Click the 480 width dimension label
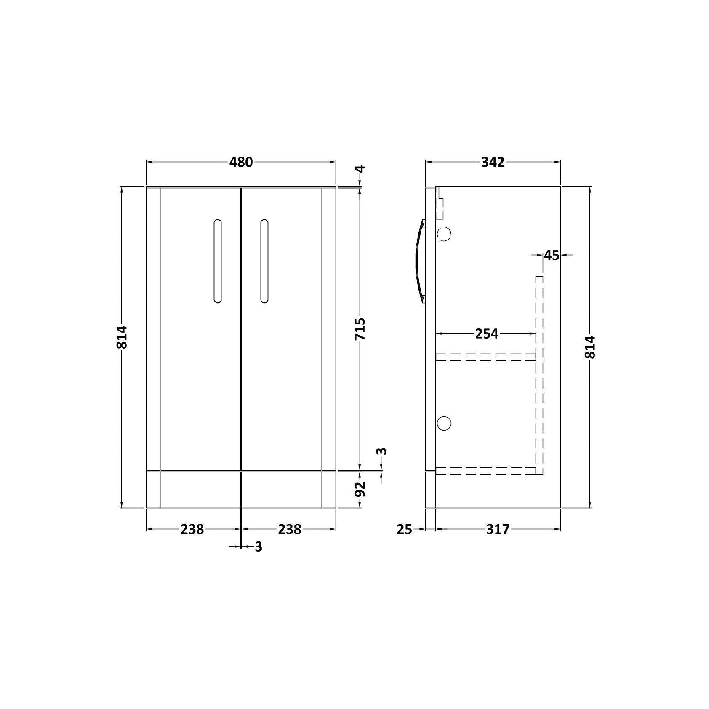(x=241, y=162)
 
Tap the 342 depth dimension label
(x=493, y=162)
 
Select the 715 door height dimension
(x=360, y=329)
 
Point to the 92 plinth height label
(x=360, y=489)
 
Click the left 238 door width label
(x=192, y=529)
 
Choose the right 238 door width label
(x=290, y=529)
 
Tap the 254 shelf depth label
(x=487, y=334)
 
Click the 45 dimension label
(x=552, y=255)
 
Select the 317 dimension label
(x=498, y=529)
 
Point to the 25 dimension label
(x=404, y=529)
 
